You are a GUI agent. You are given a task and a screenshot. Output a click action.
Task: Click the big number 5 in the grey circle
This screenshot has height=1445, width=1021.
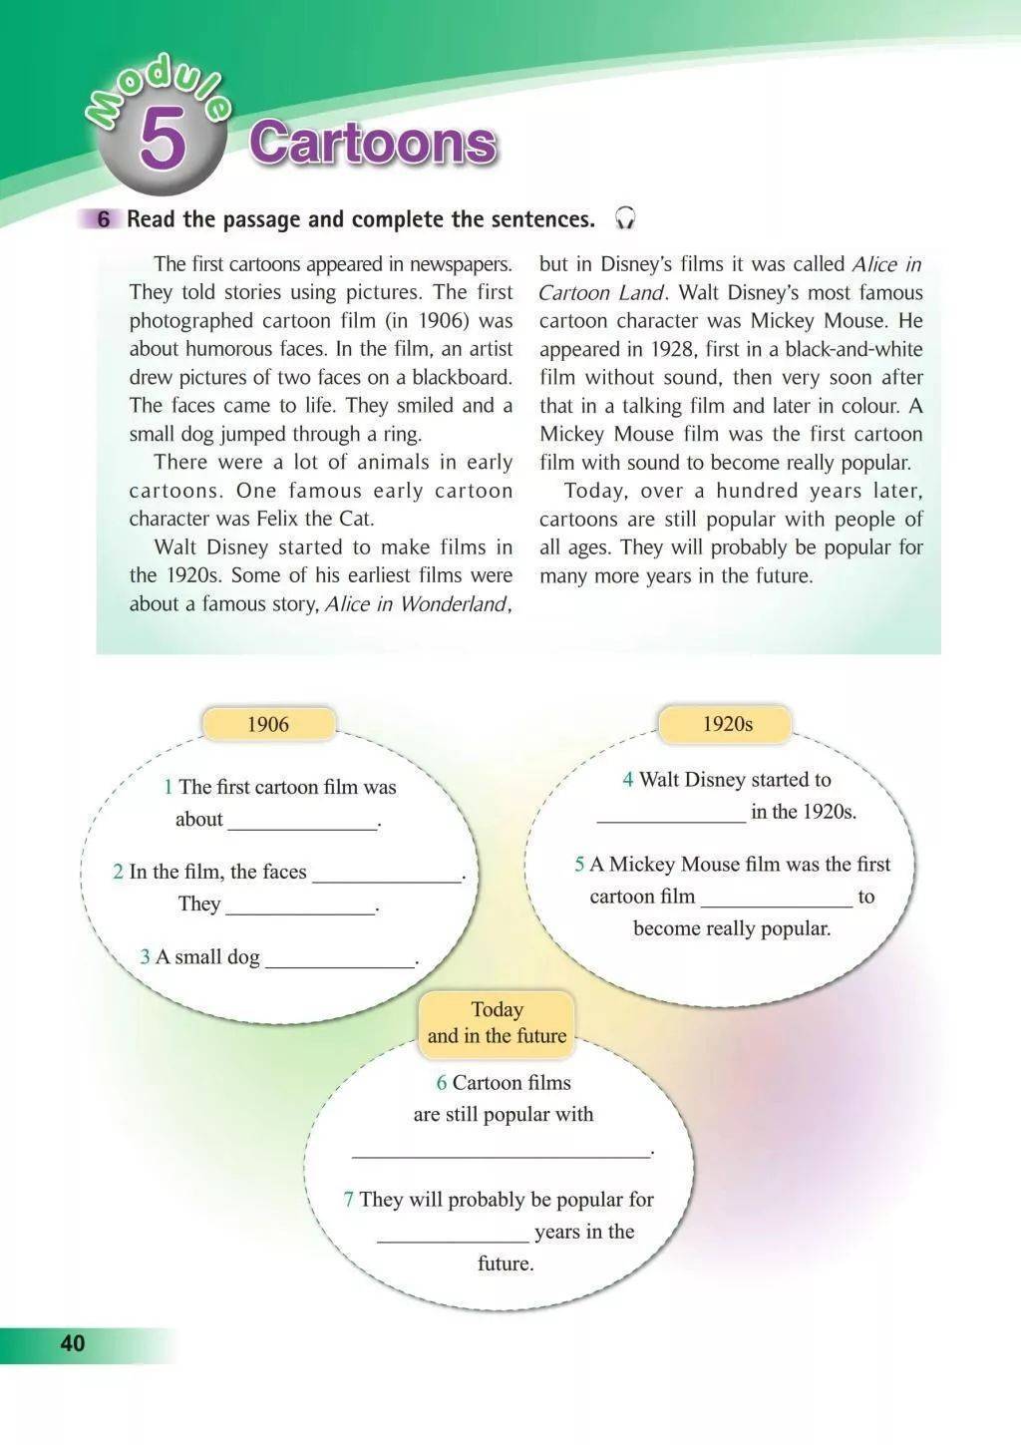[x=163, y=141]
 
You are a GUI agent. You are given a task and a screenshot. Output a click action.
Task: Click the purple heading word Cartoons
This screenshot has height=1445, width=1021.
[x=372, y=142]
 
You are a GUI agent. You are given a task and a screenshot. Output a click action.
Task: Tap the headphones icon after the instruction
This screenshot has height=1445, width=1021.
[x=625, y=218]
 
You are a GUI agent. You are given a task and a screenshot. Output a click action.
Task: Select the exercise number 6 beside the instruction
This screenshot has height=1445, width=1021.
[x=104, y=219]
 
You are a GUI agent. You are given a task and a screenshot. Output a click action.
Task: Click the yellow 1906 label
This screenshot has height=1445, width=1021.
[x=268, y=724]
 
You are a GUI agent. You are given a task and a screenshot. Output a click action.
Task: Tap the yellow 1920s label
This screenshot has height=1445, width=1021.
[x=727, y=724]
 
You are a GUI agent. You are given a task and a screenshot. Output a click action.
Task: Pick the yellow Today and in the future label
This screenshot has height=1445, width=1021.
[x=497, y=1022]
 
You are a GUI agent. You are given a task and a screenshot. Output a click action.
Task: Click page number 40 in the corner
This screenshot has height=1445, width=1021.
[x=73, y=1343]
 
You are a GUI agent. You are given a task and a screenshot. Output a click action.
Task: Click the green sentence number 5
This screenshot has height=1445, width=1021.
[x=579, y=865]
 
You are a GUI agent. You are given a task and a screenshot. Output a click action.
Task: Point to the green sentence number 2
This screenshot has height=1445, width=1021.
[x=118, y=872]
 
